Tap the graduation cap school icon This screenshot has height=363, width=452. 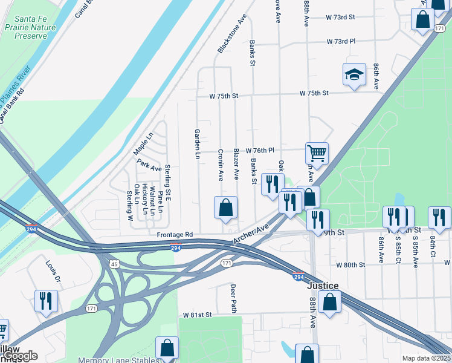354,76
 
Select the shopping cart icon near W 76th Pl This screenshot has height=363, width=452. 317,152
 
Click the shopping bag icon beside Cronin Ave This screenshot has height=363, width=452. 225,208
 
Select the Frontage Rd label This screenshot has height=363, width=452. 174,234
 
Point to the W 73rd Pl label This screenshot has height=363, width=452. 341,42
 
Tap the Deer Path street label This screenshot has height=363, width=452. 233,298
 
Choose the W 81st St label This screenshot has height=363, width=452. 198,315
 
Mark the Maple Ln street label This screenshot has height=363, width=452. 143,143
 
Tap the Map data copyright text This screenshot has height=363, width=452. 426,358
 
